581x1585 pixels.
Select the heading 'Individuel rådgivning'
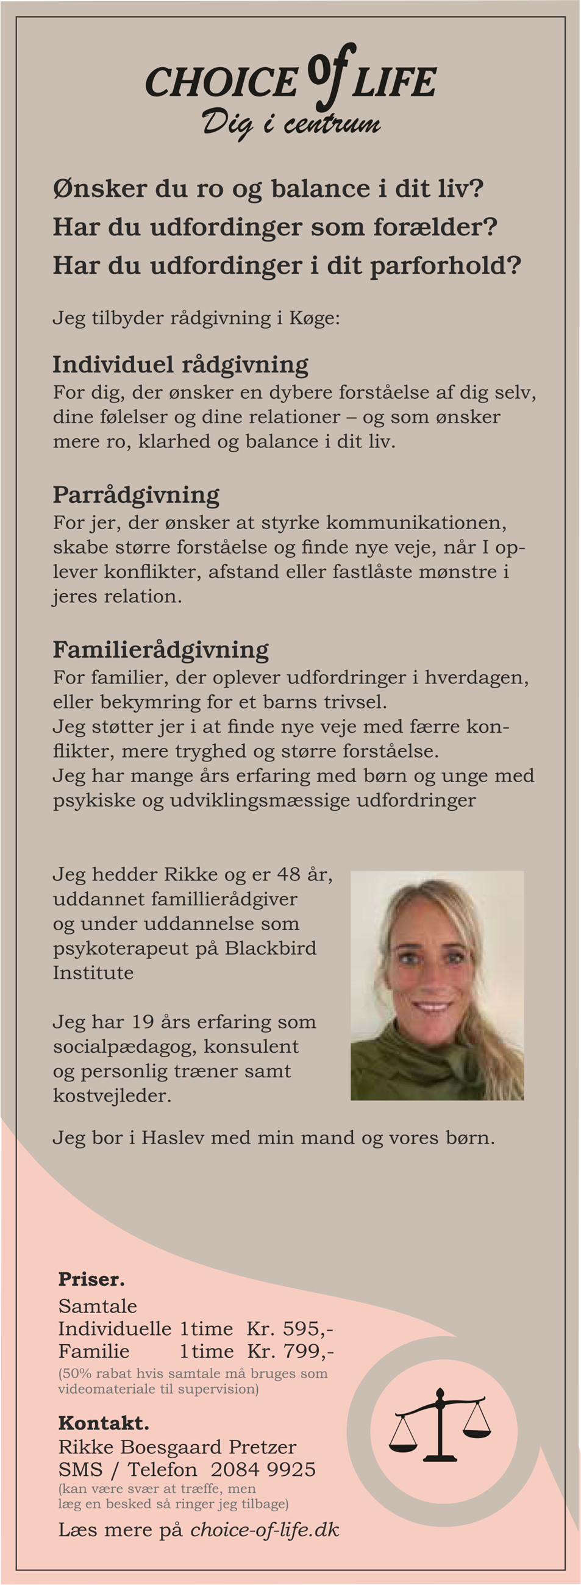point(180,365)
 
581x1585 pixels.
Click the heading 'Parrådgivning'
point(136,495)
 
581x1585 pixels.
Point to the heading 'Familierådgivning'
point(160,650)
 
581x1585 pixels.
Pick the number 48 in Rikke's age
point(288,874)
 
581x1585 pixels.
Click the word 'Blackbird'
point(270,948)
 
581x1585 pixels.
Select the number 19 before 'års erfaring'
point(142,1022)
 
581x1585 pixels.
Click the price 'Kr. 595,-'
point(290,1328)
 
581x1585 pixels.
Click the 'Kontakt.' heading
point(104,1423)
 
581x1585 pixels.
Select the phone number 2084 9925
point(263,1469)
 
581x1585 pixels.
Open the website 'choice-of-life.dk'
point(265,1530)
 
